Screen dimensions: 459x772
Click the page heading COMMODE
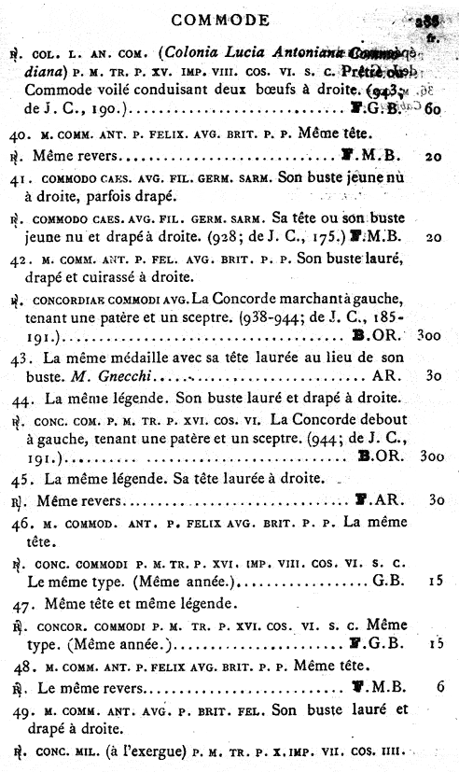pos(221,19)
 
